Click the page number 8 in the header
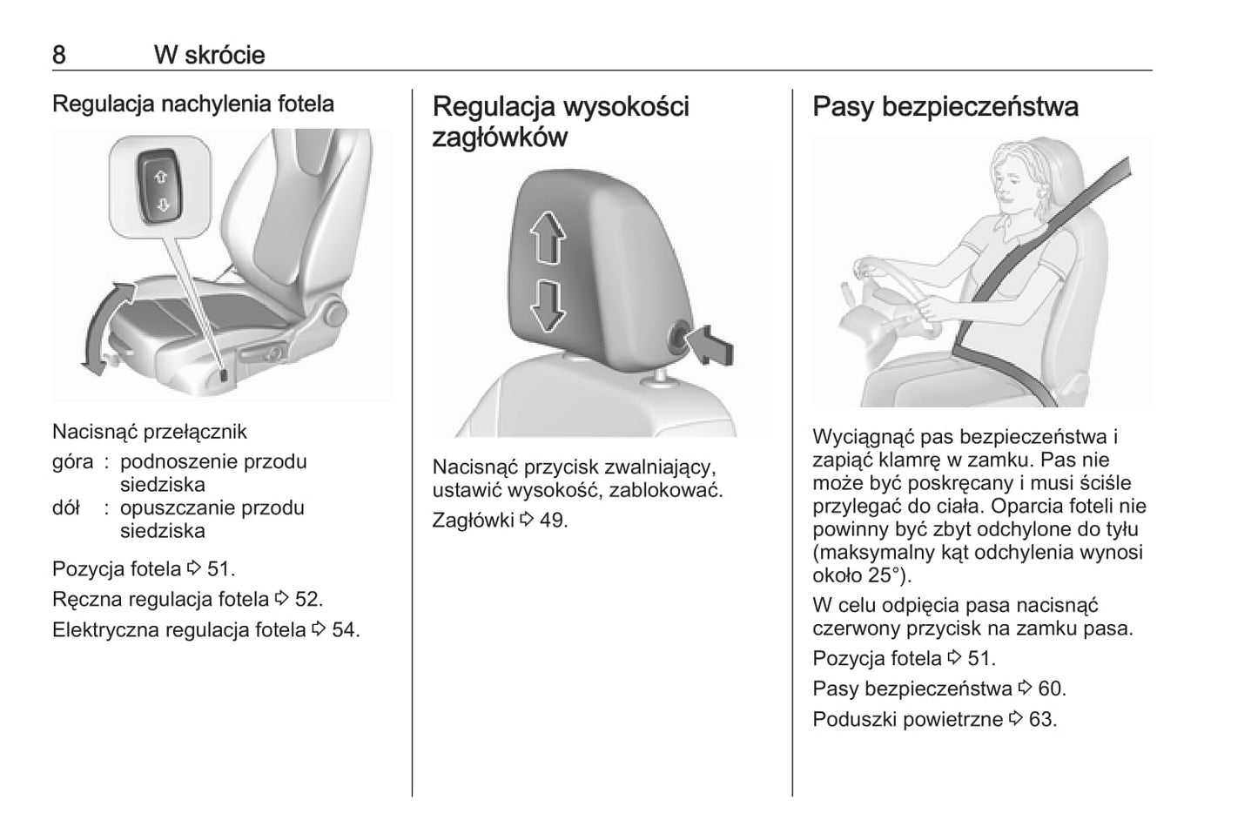click(59, 55)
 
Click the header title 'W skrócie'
click(210, 55)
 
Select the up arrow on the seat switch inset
click(160, 178)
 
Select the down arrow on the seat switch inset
click(164, 205)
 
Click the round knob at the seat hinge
click(335, 313)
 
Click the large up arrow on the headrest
click(548, 238)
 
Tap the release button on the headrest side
click(678, 339)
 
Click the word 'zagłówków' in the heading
click(500, 138)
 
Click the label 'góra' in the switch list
click(72, 462)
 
